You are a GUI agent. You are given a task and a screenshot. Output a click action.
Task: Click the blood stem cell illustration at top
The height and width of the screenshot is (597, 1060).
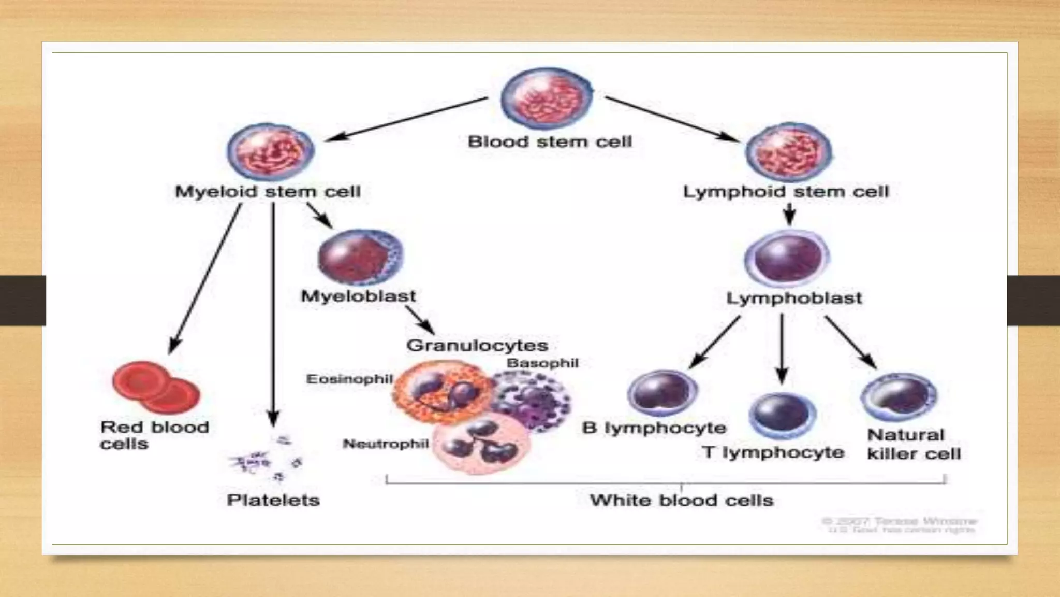(547, 99)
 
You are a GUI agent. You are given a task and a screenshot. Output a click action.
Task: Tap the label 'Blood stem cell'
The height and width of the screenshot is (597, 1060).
(550, 141)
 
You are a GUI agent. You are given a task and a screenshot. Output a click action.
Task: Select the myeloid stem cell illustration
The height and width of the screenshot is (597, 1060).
(271, 152)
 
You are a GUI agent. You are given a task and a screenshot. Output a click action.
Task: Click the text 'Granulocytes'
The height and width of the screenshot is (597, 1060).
(477, 345)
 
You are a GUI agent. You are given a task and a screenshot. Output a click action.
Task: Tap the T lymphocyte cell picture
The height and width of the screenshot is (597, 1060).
(782, 415)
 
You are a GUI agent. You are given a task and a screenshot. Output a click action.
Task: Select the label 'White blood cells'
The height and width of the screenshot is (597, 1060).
(681, 500)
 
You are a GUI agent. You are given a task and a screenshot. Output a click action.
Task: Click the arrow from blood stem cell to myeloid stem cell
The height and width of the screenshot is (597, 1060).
(406, 119)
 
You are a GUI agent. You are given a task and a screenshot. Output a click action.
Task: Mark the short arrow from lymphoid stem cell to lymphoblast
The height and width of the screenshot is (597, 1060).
(789, 214)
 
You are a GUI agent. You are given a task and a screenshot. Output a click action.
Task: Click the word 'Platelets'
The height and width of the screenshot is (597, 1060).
(273, 500)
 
